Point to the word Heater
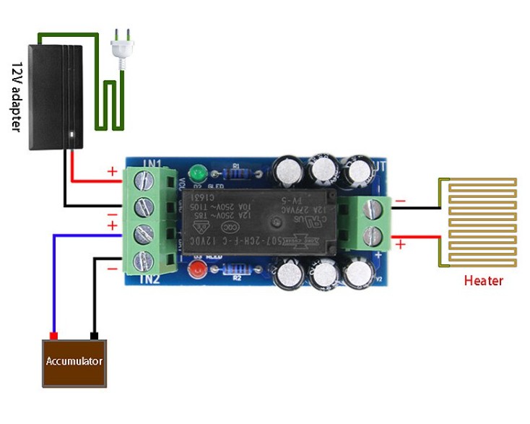[x=483, y=280]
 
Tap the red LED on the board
[x=196, y=272]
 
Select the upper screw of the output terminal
[x=373, y=209]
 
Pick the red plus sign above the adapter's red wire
[x=112, y=171]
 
